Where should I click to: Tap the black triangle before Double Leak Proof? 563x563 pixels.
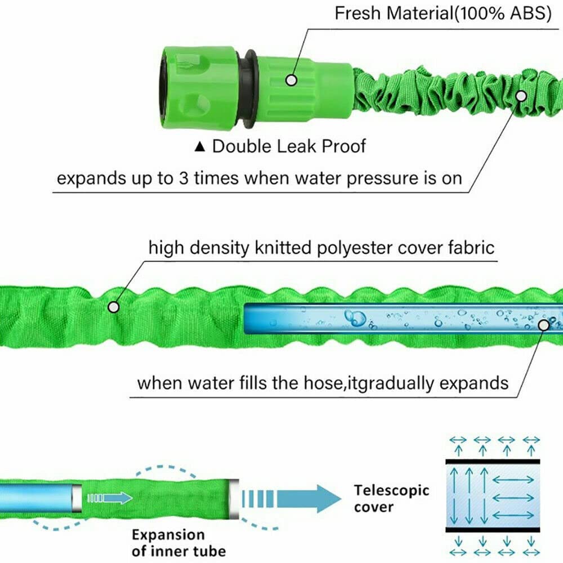click(x=200, y=146)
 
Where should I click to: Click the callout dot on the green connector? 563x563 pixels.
click(x=291, y=80)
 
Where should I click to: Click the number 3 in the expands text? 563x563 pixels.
click(x=184, y=178)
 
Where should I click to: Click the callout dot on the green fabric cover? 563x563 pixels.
click(x=114, y=307)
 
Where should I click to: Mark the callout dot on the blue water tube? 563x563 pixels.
click(x=544, y=325)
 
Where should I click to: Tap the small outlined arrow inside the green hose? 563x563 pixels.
click(x=110, y=498)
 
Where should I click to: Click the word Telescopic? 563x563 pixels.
click(x=392, y=490)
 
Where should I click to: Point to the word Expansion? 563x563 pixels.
click(x=168, y=535)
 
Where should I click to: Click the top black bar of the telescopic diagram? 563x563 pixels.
click(x=493, y=462)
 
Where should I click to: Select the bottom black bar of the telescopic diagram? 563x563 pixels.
click(x=493, y=530)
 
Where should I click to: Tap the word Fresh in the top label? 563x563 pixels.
click(x=358, y=14)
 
